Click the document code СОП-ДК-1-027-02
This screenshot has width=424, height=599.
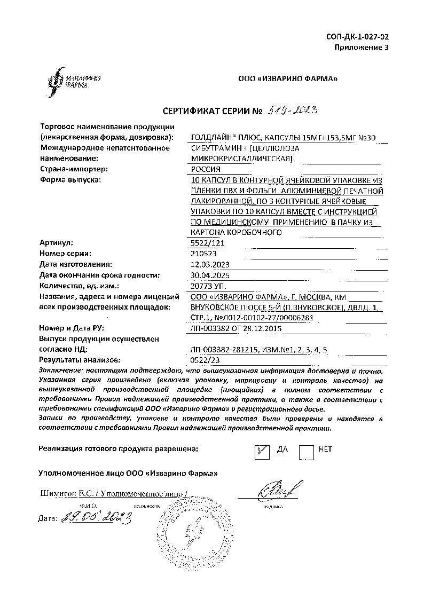coord(357,37)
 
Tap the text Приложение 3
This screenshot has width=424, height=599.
coord(362,48)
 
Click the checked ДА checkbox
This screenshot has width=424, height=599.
coord(262,452)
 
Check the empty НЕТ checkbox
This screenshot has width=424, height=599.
coord(307,452)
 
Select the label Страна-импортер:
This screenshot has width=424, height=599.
coord(74,169)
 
